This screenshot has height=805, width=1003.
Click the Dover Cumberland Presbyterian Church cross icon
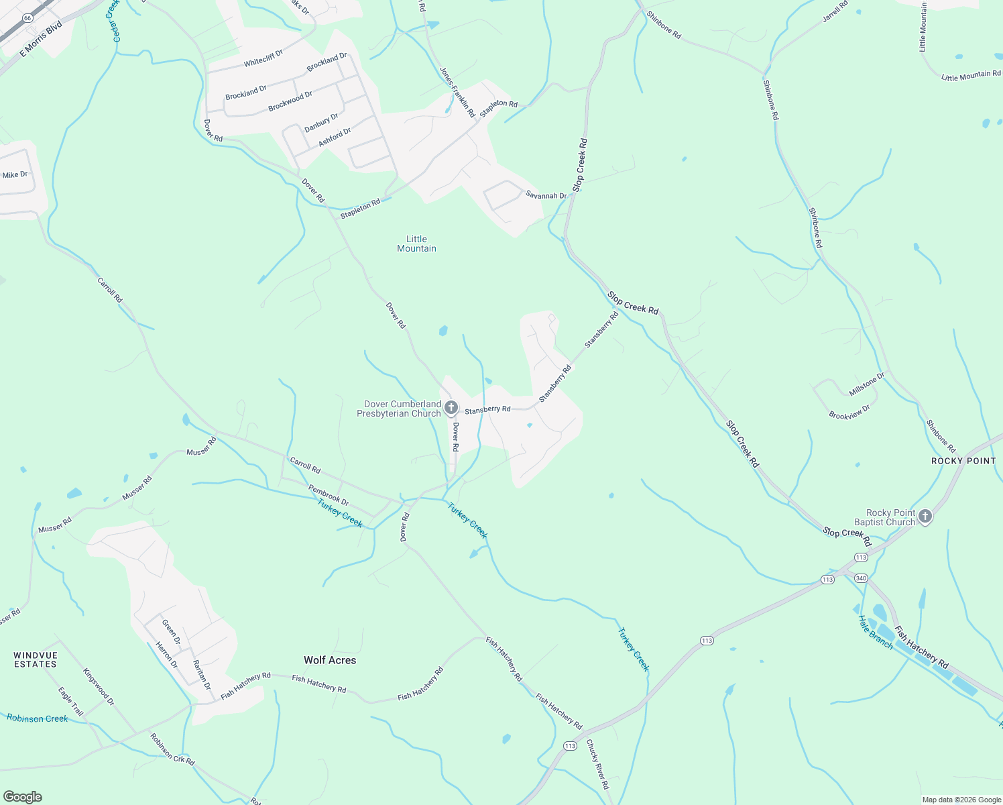pyautogui.click(x=451, y=408)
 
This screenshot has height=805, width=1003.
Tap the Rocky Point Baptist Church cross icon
pyautogui.click(x=925, y=517)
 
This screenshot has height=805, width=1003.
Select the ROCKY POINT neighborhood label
pyautogui.click(x=963, y=461)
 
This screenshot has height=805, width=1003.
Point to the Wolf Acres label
pyautogui.click(x=330, y=660)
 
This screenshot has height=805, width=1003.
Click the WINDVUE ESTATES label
pyautogui.click(x=36, y=659)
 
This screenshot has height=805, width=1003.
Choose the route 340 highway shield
pyautogui.click(x=862, y=578)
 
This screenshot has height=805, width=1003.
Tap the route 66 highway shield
pyautogui.click(x=27, y=18)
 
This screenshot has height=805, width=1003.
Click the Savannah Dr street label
pyautogui.click(x=546, y=196)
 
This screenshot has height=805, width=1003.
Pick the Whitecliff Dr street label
pyautogui.click(x=263, y=58)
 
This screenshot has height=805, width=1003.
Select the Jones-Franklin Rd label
pyautogui.click(x=457, y=92)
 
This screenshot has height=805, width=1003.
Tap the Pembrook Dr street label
pyautogui.click(x=329, y=495)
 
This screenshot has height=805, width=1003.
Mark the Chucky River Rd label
pyautogui.click(x=598, y=764)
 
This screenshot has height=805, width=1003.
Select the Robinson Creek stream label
pyautogui.click(x=38, y=718)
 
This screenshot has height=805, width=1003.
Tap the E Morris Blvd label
pyautogui.click(x=41, y=39)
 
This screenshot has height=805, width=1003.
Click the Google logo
pyautogui.click(x=23, y=797)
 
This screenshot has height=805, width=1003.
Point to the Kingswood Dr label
pyautogui.click(x=99, y=687)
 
